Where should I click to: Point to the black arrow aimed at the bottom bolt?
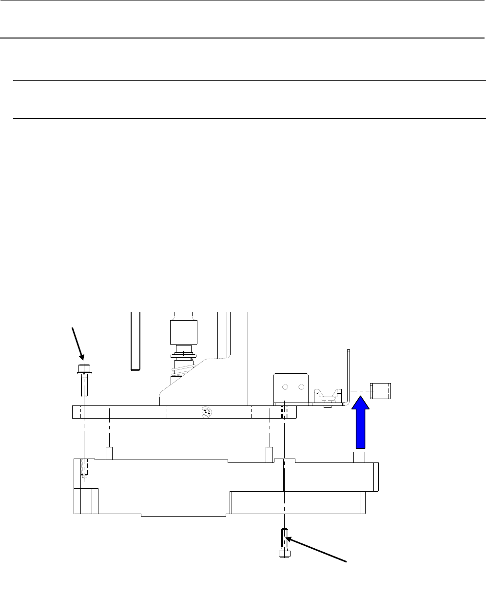(317, 550)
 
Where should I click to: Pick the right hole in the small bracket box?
(301, 387)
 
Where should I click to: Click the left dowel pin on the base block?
(110, 453)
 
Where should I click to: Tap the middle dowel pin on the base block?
(269, 453)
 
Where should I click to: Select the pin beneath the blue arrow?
(359, 457)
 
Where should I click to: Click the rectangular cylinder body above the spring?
(183, 332)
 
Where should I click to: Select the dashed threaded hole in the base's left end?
(84, 468)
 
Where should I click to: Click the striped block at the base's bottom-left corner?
(86, 500)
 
